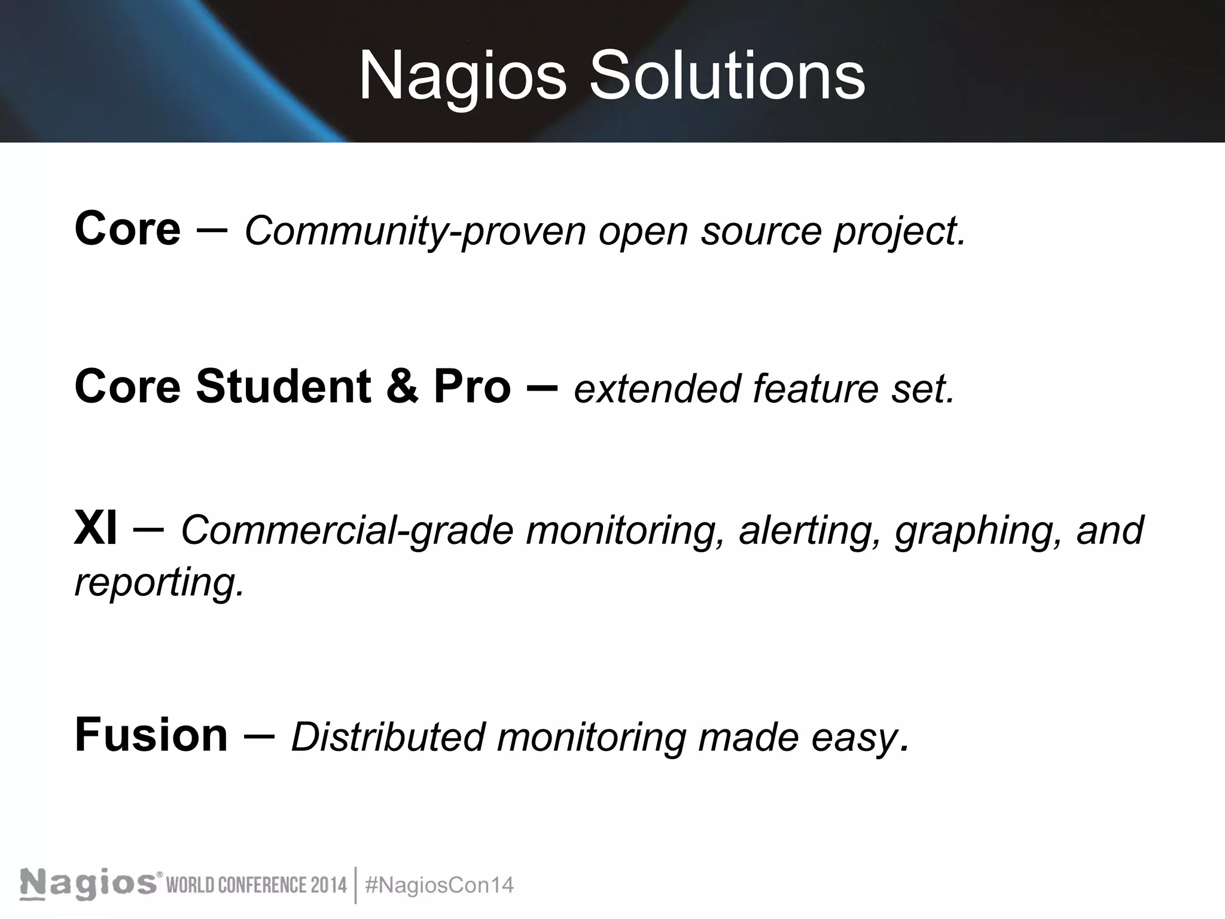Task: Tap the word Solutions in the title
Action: [x=727, y=77]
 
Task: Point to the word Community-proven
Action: [x=415, y=231]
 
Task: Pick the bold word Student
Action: [x=283, y=387]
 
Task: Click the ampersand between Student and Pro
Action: [x=402, y=387]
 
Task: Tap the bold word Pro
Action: [x=472, y=387]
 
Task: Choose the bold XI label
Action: [x=95, y=529]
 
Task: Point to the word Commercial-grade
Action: [x=347, y=531]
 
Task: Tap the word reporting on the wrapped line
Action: [x=159, y=583]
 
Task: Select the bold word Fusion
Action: [x=151, y=735]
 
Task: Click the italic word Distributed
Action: [x=388, y=737]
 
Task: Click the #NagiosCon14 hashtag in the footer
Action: [x=439, y=885]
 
